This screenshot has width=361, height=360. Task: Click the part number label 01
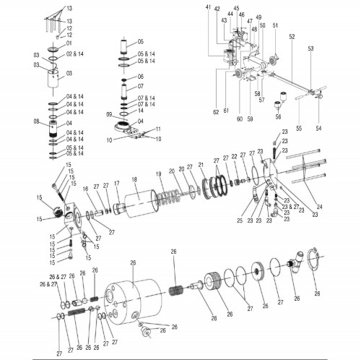tap(70, 43)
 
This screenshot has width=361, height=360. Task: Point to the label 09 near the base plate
tap(108, 115)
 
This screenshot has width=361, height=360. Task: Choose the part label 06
tap(141, 76)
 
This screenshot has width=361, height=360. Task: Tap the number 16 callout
tap(85, 188)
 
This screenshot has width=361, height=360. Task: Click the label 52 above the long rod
tap(292, 37)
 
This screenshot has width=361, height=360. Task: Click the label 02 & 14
tap(75, 53)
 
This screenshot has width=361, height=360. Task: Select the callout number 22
tap(235, 156)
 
